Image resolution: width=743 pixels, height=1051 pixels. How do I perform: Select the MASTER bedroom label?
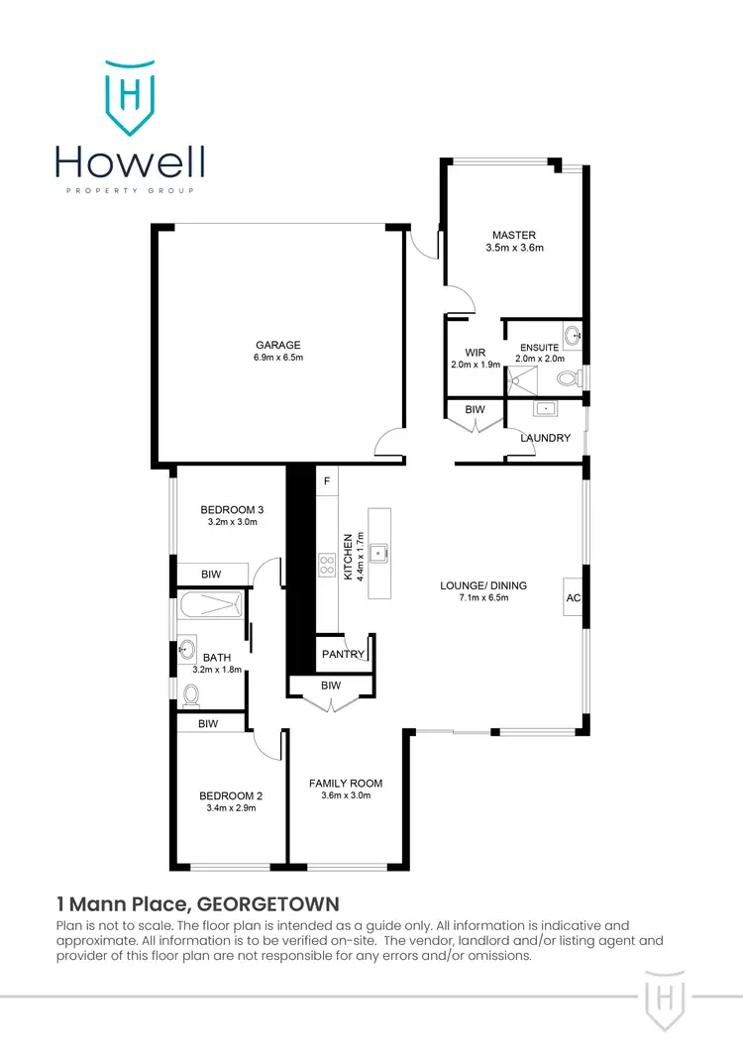tap(514, 235)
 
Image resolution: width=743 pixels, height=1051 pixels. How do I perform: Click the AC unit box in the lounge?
tap(574, 597)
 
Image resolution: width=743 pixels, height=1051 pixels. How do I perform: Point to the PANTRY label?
tap(343, 655)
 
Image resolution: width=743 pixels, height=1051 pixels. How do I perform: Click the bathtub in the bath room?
tap(212, 607)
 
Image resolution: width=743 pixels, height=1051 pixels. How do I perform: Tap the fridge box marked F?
tap(327, 480)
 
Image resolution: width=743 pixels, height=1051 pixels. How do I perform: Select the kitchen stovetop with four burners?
tap(326, 566)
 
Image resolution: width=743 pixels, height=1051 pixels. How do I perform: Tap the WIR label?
tap(475, 352)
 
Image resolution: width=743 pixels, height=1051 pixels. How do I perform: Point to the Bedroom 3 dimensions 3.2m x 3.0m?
tap(233, 522)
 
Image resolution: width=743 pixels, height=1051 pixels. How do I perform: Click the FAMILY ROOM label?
tap(345, 783)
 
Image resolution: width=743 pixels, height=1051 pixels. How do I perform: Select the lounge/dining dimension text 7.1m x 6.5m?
tap(483, 598)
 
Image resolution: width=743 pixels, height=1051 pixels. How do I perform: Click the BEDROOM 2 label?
tap(231, 794)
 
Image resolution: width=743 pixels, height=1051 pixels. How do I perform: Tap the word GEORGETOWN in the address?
tap(268, 903)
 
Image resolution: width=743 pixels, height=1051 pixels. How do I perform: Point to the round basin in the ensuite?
tap(572, 337)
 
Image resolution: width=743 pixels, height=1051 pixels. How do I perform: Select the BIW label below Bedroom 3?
tap(211, 574)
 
